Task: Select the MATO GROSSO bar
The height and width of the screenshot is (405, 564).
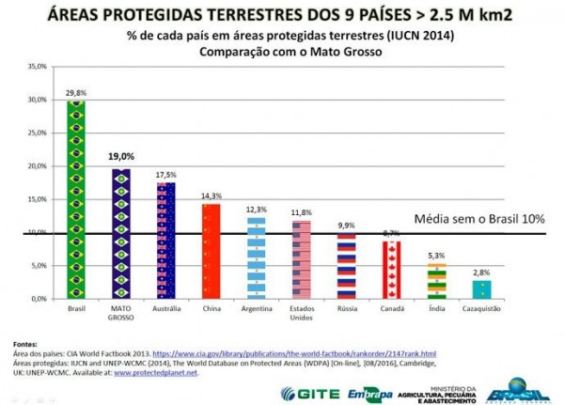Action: click(x=120, y=235)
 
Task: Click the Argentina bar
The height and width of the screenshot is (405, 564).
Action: click(x=256, y=257)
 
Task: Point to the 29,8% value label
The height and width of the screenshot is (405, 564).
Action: click(x=75, y=92)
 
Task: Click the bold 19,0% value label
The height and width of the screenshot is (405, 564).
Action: click(x=120, y=157)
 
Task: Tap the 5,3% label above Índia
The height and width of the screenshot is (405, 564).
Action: click(x=435, y=256)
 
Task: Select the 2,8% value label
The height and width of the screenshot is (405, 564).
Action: click(x=480, y=273)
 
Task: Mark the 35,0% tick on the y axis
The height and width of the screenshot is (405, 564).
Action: click(x=37, y=67)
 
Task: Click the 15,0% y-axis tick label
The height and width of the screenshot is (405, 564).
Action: click(x=37, y=199)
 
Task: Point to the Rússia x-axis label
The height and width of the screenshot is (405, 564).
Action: click(x=346, y=308)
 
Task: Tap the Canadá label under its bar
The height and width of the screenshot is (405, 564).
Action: click(x=391, y=308)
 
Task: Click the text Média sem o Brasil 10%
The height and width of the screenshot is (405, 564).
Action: click(x=479, y=218)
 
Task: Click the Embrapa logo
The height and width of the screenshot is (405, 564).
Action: click(x=368, y=392)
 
